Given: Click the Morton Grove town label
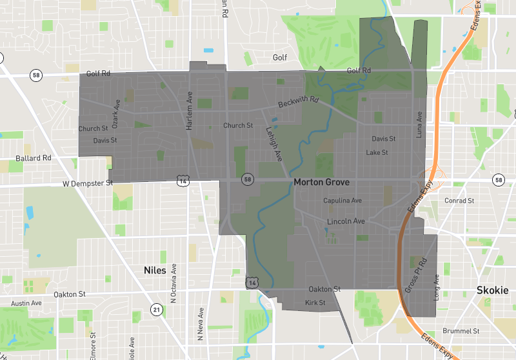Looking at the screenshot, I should pyautogui.click(x=321, y=183).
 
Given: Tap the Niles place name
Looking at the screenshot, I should pyautogui.click(x=155, y=270).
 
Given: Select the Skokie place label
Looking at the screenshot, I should pyautogui.click(x=492, y=290).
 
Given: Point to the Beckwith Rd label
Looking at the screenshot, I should pyautogui.click(x=299, y=102).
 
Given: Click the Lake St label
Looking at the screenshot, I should pyautogui.click(x=377, y=153).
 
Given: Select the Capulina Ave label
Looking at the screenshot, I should pyautogui.click(x=342, y=201).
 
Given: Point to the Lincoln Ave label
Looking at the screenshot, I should pyautogui.click(x=346, y=221).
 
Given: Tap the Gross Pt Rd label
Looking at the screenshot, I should pyautogui.click(x=416, y=275).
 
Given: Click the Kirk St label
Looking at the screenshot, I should pyautogui.click(x=315, y=303).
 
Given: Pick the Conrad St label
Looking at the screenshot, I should pyautogui.click(x=459, y=201).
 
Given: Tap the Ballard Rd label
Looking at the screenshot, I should pyautogui.click(x=34, y=157).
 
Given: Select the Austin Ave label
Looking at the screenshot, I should pyautogui.click(x=26, y=303).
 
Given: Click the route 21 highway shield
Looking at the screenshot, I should pyautogui.click(x=157, y=310).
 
